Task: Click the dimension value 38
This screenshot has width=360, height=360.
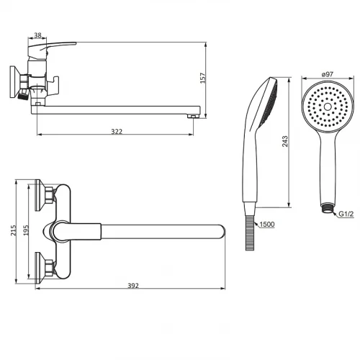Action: click(x=37, y=35)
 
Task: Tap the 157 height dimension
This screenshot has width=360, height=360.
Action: click(x=203, y=78)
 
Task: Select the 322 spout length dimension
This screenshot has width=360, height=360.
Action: click(x=117, y=132)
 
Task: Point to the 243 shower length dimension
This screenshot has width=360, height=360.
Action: click(x=285, y=141)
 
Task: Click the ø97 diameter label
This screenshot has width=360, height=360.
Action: click(x=328, y=74)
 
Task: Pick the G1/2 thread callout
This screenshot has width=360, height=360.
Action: click(x=346, y=214)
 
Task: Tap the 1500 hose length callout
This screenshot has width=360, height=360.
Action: click(x=267, y=225)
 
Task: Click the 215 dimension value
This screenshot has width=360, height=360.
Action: click(x=13, y=230)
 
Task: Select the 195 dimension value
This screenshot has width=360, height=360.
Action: click(x=26, y=230)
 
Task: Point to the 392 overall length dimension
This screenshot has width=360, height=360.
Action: click(x=133, y=286)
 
